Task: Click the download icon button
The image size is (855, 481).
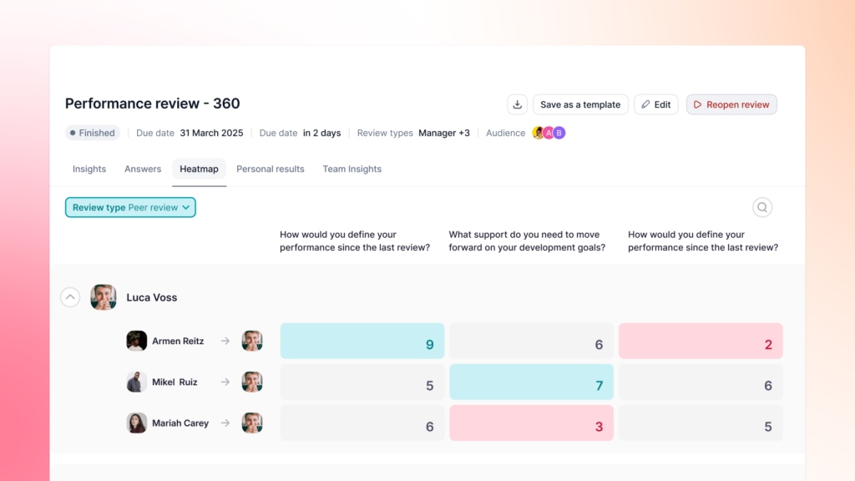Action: (517, 104)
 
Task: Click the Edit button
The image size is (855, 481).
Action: (656, 104)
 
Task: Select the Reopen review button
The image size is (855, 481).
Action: (731, 104)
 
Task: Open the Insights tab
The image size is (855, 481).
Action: (89, 169)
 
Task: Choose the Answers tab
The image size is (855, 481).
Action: (143, 169)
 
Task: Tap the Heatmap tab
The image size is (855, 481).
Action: (199, 169)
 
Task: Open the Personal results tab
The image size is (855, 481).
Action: (271, 169)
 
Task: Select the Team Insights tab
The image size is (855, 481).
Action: (352, 169)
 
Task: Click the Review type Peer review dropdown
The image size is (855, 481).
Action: (130, 208)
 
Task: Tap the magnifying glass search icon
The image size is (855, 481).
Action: (762, 207)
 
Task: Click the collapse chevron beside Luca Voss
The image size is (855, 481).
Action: (70, 297)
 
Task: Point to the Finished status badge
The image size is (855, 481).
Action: (93, 133)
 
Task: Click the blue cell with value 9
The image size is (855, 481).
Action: (362, 341)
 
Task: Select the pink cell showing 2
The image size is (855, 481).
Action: (701, 341)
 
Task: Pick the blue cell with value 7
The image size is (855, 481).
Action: (531, 382)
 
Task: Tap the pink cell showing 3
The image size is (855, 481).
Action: (531, 423)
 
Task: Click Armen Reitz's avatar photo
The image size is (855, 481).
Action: (137, 341)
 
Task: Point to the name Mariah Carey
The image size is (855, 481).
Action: (180, 423)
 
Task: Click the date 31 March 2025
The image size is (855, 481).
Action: (211, 133)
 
